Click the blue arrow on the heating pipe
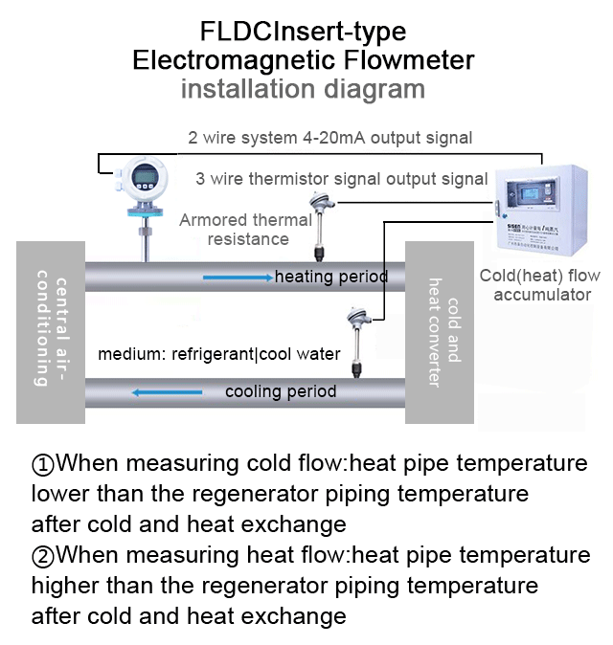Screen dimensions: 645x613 (x=238, y=278)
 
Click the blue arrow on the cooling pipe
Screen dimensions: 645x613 (x=168, y=391)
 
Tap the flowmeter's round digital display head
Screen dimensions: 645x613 (x=142, y=179)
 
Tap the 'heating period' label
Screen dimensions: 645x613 (x=330, y=278)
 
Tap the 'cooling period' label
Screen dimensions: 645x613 (x=281, y=391)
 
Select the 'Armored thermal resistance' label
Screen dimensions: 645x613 (x=246, y=230)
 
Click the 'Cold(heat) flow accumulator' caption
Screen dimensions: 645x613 (x=541, y=285)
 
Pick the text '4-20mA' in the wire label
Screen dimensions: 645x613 (x=336, y=138)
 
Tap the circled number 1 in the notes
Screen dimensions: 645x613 (x=43, y=464)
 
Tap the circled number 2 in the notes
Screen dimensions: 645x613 (x=43, y=555)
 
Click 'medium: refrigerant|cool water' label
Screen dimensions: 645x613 (x=219, y=354)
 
